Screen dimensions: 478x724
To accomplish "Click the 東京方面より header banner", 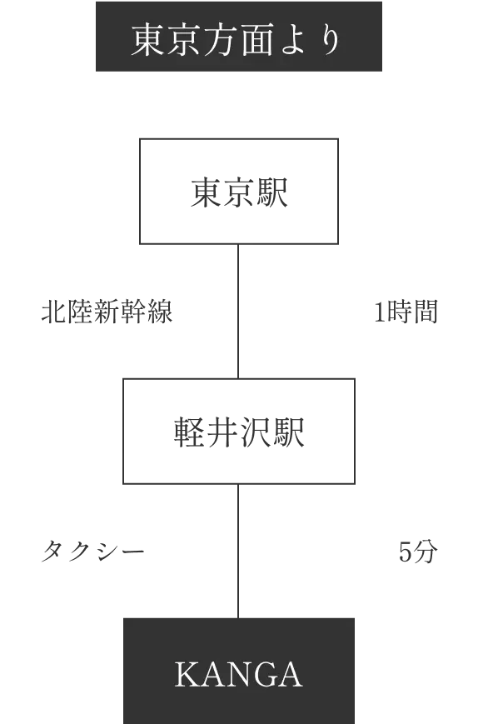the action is click(x=238, y=37).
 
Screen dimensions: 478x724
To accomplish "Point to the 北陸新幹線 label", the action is click(x=107, y=312).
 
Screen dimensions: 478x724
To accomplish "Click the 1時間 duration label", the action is click(x=406, y=312).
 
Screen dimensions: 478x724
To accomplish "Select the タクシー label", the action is click(x=93, y=552).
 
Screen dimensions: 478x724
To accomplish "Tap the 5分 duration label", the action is click(x=418, y=552).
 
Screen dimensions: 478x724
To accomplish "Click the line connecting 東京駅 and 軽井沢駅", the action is click(x=238, y=312).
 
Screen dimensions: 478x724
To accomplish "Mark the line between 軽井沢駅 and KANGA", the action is click(x=238, y=551).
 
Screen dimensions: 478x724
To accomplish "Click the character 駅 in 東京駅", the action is click(x=272, y=192).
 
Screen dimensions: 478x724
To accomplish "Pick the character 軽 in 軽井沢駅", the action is click(x=190, y=432).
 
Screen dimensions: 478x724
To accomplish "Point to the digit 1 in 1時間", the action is click(x=379, y=312).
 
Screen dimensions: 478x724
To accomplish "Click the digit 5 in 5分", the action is click(x=405, y=552).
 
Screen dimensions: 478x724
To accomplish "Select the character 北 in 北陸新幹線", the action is click(x=54, y=312).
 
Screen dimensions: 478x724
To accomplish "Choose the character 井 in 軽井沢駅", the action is click(x=222, y=432).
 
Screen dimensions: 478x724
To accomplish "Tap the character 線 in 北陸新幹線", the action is click(x=160, y=312).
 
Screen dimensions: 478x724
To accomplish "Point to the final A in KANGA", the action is click(x=288, y=674).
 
